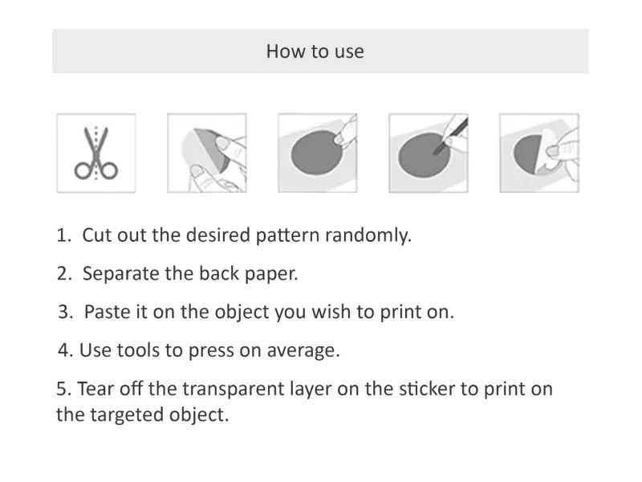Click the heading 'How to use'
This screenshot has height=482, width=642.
click(315, 51)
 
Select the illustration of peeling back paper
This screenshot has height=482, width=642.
click(207, 153)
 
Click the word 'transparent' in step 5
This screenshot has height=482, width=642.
click(233, 389)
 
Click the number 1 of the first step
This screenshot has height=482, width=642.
click(62, 235)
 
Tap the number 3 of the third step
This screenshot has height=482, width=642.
click(63, 312)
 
